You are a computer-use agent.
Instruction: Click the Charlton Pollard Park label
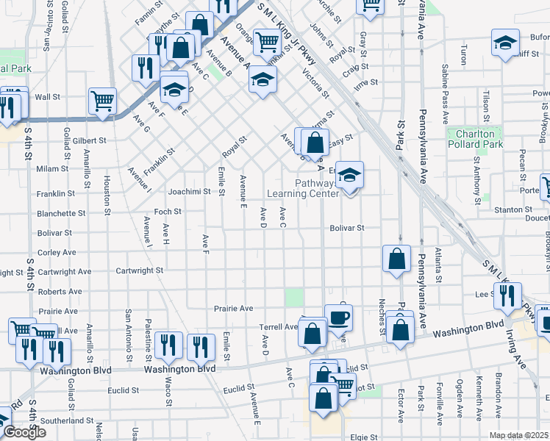coord(475,139)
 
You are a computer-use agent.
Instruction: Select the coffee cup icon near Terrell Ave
coord(338,318)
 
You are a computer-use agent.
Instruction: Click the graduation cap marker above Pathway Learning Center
coord(350,175)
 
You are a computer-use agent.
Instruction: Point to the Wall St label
coord(47,97)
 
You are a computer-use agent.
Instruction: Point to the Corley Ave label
coord(57,252)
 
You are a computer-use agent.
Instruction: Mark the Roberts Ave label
coord(60,291)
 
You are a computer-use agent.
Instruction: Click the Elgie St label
coord(363,436)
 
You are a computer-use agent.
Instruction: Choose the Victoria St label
coord(314,83)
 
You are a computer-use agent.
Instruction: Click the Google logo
coord(24,432)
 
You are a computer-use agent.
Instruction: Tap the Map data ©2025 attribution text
coord(519,435)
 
